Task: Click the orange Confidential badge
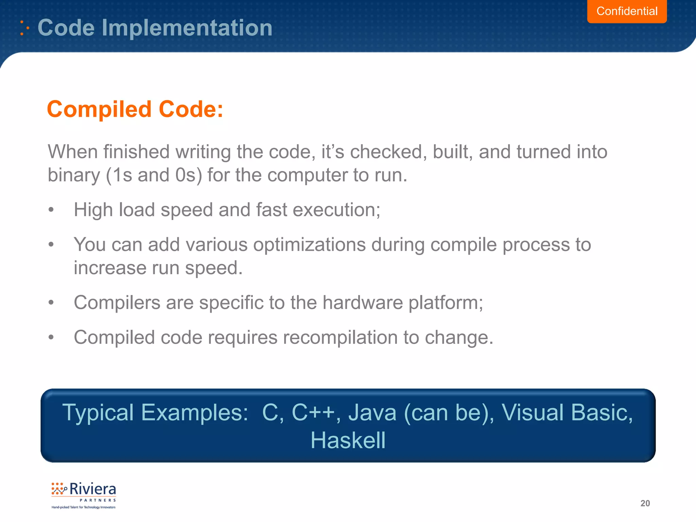point(627,11)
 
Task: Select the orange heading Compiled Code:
point(135,109)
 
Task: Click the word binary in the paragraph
point(74,175)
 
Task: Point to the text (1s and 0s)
point(154,175)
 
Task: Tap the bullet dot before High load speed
point(51,210)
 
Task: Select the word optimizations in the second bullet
point(309,245)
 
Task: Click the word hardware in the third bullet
point(362,302)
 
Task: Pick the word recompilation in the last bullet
point(340,337)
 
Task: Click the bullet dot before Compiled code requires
point(51,337)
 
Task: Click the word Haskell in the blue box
point(348,440)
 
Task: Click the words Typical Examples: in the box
point(155,413)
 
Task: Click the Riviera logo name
point(92,489)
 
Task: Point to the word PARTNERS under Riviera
point(98,500)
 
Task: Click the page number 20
point(645,503)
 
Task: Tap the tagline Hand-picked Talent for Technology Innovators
point(83,507)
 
